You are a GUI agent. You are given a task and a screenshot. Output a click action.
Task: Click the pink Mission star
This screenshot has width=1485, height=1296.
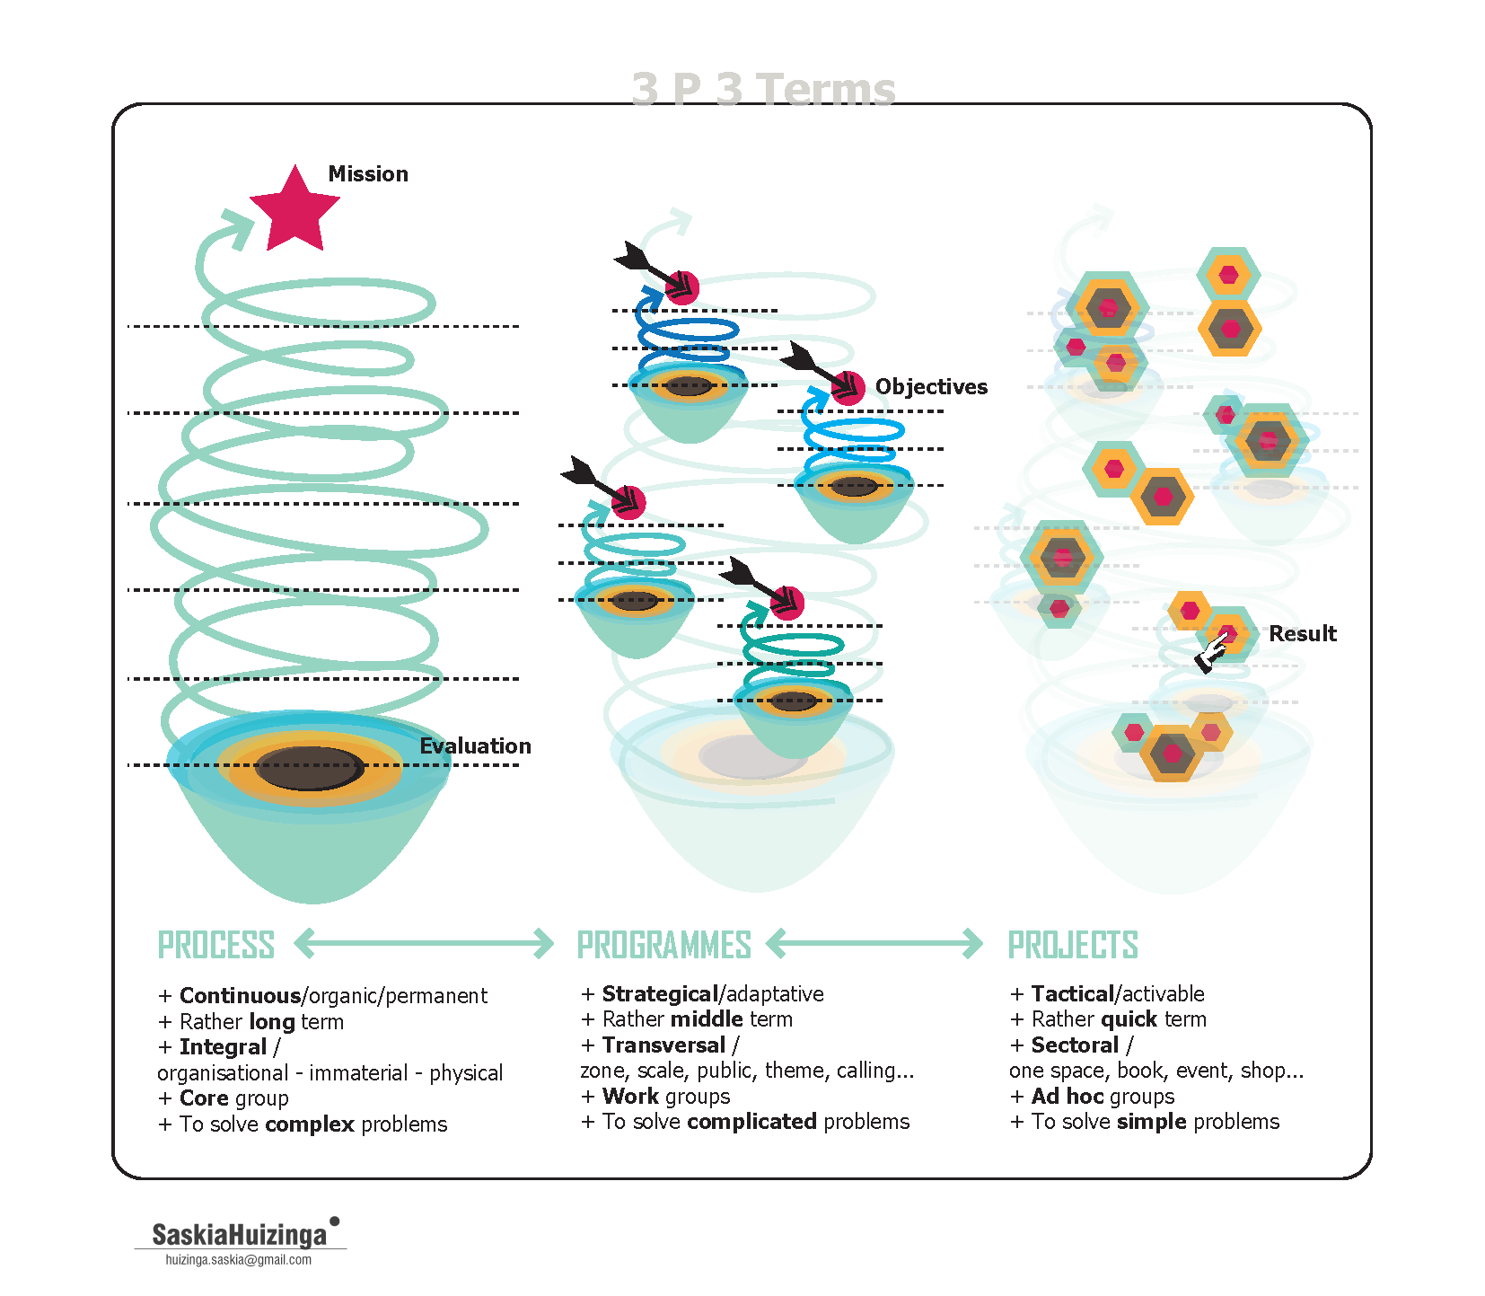click(294, 210)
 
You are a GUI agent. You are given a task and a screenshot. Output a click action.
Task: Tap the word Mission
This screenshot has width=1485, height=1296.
click(368, 174)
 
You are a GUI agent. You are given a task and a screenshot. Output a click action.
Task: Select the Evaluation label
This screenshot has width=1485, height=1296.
click(475, 746)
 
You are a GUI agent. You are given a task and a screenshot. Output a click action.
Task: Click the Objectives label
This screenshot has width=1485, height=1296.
click(931, 387)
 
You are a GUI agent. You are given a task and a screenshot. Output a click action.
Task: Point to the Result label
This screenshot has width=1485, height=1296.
click(1302, 634)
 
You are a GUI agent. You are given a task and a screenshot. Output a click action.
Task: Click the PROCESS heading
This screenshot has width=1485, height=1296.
click(216, 946)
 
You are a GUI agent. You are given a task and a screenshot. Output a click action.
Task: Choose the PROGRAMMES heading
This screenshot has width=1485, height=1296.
click(663, 946)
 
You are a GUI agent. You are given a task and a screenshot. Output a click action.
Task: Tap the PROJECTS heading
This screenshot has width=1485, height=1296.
click(1073, 946)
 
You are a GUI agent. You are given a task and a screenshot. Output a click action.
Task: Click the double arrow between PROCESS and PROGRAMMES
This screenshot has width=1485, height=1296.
click(424, 944)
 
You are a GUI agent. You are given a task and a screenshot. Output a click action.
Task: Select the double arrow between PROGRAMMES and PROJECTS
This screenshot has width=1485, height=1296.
click(874, 944)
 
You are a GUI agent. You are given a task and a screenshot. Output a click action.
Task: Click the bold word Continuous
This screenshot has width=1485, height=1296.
click(240, 996)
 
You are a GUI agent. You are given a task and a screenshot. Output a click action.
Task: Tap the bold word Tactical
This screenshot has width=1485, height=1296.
click(1072, 994)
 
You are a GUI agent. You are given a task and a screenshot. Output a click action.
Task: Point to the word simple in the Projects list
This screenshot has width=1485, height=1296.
click(1152, 1122)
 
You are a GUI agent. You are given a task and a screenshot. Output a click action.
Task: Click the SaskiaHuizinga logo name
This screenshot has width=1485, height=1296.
click(239, 1235)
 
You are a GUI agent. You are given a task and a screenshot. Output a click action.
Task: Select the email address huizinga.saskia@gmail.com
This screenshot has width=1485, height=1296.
click(239, 1260)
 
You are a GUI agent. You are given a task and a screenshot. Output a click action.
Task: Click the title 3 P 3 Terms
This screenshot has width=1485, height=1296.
click(763, 90)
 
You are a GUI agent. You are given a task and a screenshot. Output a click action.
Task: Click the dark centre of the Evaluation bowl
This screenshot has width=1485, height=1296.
click(310, 768)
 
